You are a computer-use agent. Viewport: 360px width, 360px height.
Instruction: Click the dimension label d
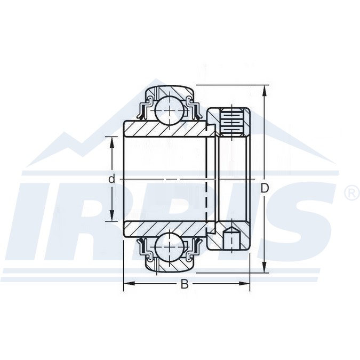(x=111, y=179)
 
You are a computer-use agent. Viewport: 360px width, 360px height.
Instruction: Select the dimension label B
(x=185, y=284)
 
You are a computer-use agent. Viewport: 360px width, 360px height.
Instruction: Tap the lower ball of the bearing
(x=170, y=247)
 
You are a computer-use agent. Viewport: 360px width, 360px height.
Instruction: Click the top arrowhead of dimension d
(x=112, y=142)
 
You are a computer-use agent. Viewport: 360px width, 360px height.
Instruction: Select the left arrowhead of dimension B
(x=129, y=284)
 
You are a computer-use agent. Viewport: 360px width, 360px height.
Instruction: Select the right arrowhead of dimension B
(x=244, y=284)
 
